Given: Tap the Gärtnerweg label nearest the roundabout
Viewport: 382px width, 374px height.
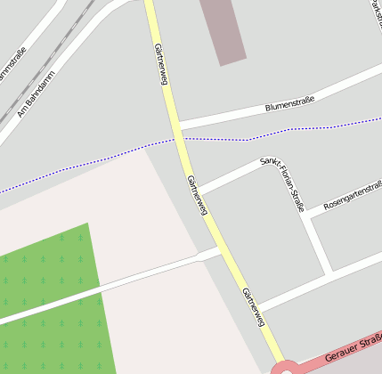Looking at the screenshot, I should point(254,307).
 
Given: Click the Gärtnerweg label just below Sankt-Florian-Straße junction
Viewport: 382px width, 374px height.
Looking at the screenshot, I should point(198,194).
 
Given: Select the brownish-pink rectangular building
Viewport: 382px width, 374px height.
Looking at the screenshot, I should point(223,30).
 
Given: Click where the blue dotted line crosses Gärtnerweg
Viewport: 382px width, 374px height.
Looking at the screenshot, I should point(181,139).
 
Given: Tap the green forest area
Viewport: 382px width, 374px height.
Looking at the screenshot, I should point(53,303).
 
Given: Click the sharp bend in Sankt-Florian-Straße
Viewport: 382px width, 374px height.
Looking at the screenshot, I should point(277,159).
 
